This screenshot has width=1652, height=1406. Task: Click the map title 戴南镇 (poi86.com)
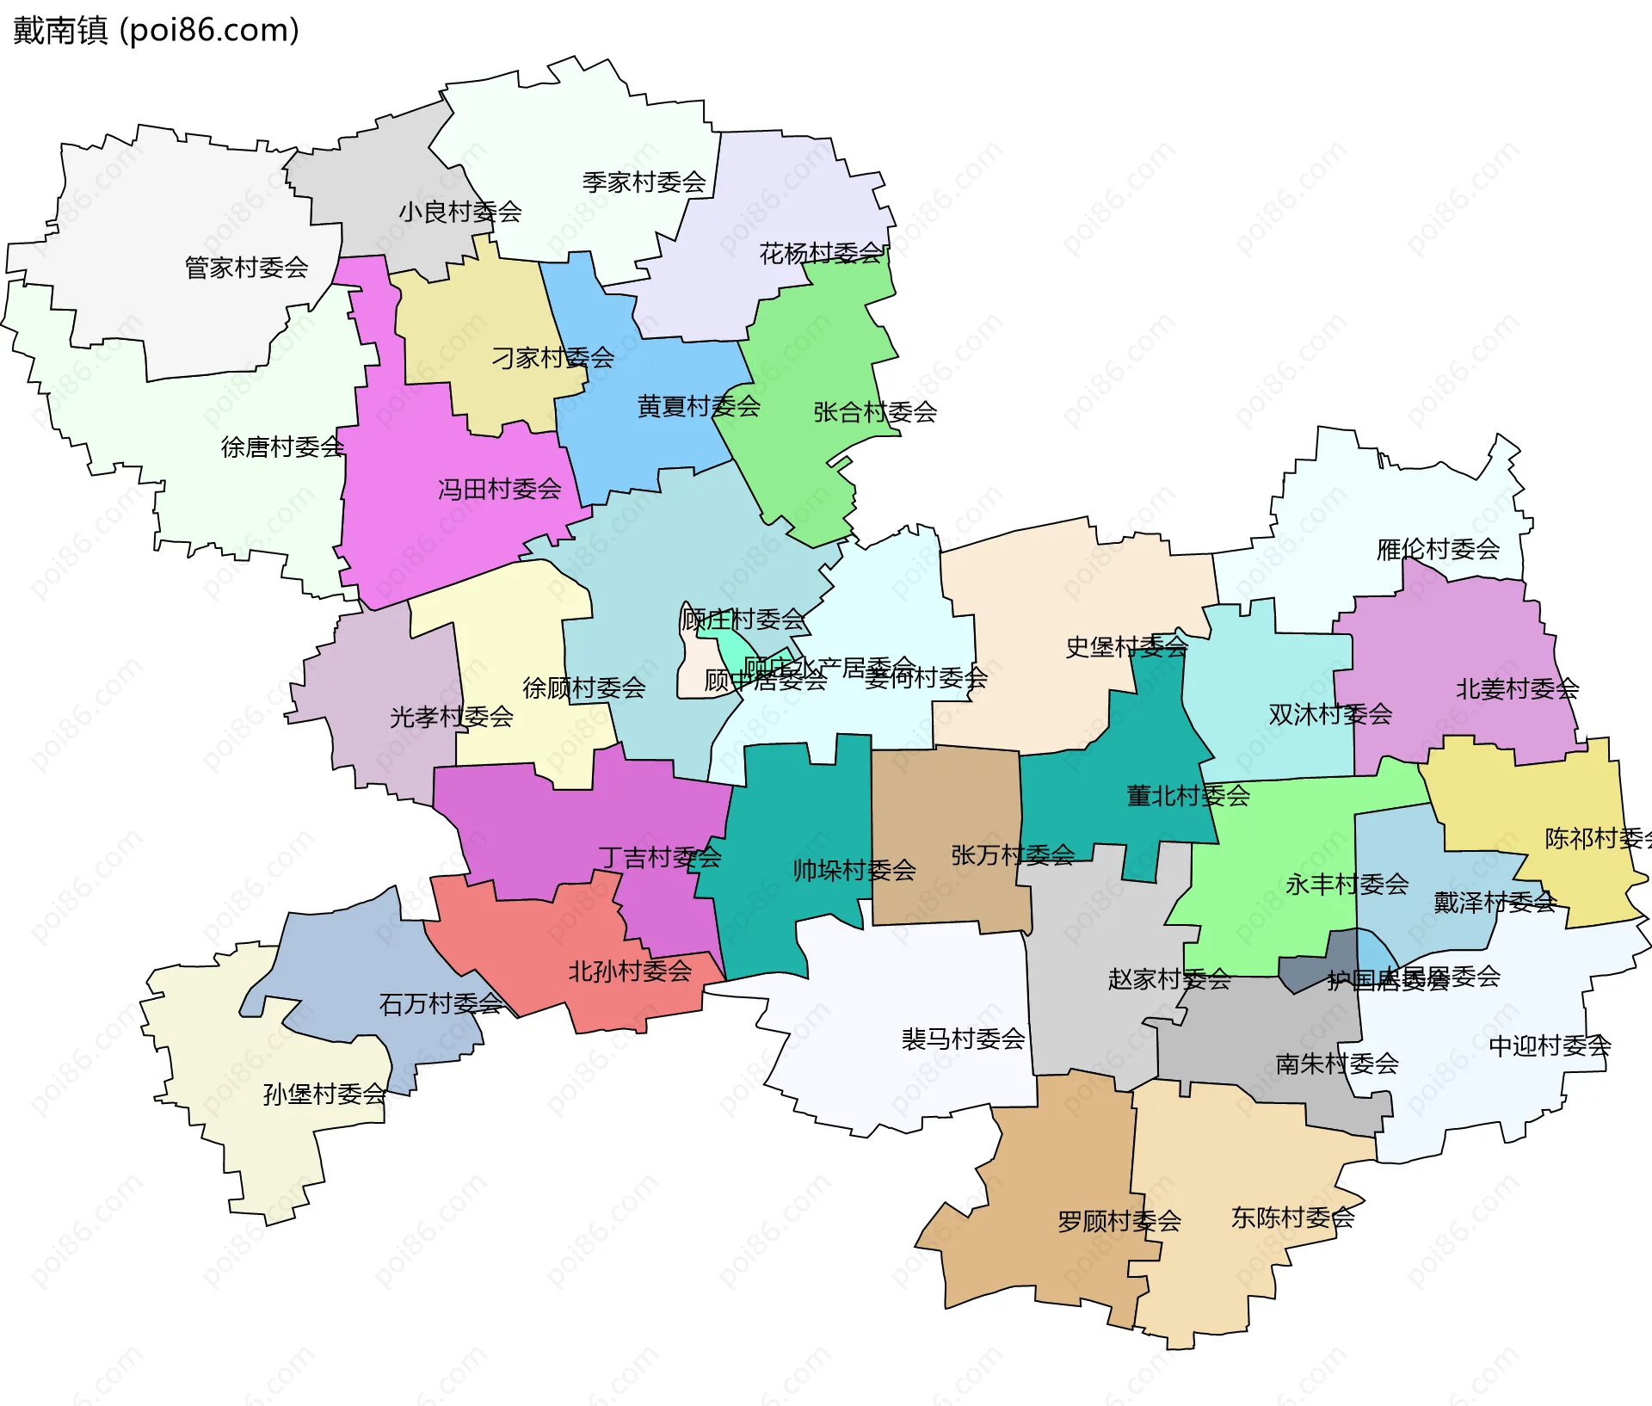click(x=156, y=30)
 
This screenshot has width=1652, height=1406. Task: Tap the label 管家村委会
click(x=246, y=268)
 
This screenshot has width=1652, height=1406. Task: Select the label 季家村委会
click(x=644, y=182)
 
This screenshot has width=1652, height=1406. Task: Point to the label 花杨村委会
click(x=821, y=253)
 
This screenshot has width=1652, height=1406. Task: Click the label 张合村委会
click(x=875, y=412)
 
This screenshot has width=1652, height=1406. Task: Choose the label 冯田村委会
click(x=499, y=490)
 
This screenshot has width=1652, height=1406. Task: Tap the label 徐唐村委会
click(x=282, y=447)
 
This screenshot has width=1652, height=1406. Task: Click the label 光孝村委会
click(x=451, y=717)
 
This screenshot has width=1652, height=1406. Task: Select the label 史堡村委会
click(x=1126, y=647)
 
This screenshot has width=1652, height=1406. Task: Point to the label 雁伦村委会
click(x=1438, y=549)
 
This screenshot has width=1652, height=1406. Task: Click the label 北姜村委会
click(x=1517, y=688)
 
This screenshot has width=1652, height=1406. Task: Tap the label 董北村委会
click(x=1187, y=796)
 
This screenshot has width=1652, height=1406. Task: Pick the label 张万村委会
click(x=1012, y=854)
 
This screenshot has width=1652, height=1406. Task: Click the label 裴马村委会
click(x=963, y=1039)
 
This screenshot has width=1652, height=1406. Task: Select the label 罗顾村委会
click(x=1119, y=1221)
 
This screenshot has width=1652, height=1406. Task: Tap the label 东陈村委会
click(x=1292, y=1218)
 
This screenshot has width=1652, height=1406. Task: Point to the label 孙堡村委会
click(x=324, y=1095)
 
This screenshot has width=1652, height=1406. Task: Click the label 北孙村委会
click(x=630, y=971)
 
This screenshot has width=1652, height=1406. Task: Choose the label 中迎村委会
click(x=1549, y=1046)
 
